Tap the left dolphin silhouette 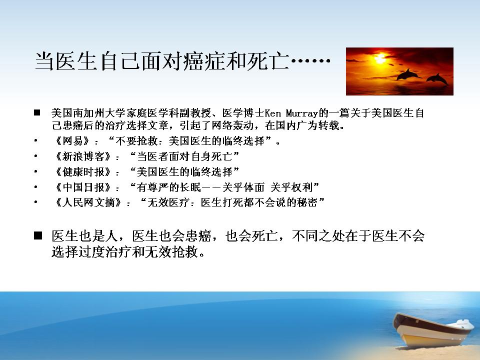click(x=407, y=74)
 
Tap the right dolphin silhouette click(x=437, y=78)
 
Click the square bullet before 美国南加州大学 click(x=37, y=112)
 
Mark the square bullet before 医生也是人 click(x=38, y=235)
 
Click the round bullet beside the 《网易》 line click(x=36, y=141)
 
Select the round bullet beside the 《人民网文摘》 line click(x=36, y=202)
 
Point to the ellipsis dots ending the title click(x=310, y=60)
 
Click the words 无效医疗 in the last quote click(x=168, y=202)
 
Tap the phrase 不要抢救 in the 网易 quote click(x=136, y=141)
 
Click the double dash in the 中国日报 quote click(x=211, y=187)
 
